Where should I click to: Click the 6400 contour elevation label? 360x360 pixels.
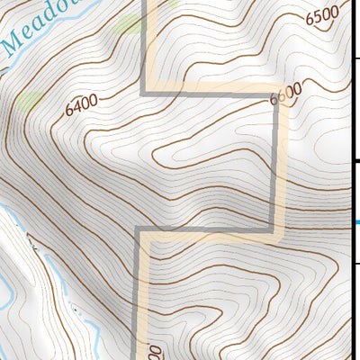click(81, 104)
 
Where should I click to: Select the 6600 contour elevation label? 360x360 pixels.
click(286, 94)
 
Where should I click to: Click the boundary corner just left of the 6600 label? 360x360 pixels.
click(272, 93)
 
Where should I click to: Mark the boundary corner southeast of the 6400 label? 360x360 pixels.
click(144, 93)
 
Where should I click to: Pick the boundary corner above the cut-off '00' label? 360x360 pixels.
click(138, 230)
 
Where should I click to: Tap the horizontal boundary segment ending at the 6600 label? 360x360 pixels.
click(207, 93)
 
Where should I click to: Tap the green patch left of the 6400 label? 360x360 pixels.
click(30, 99)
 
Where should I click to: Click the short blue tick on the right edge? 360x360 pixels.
click(356, 222)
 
